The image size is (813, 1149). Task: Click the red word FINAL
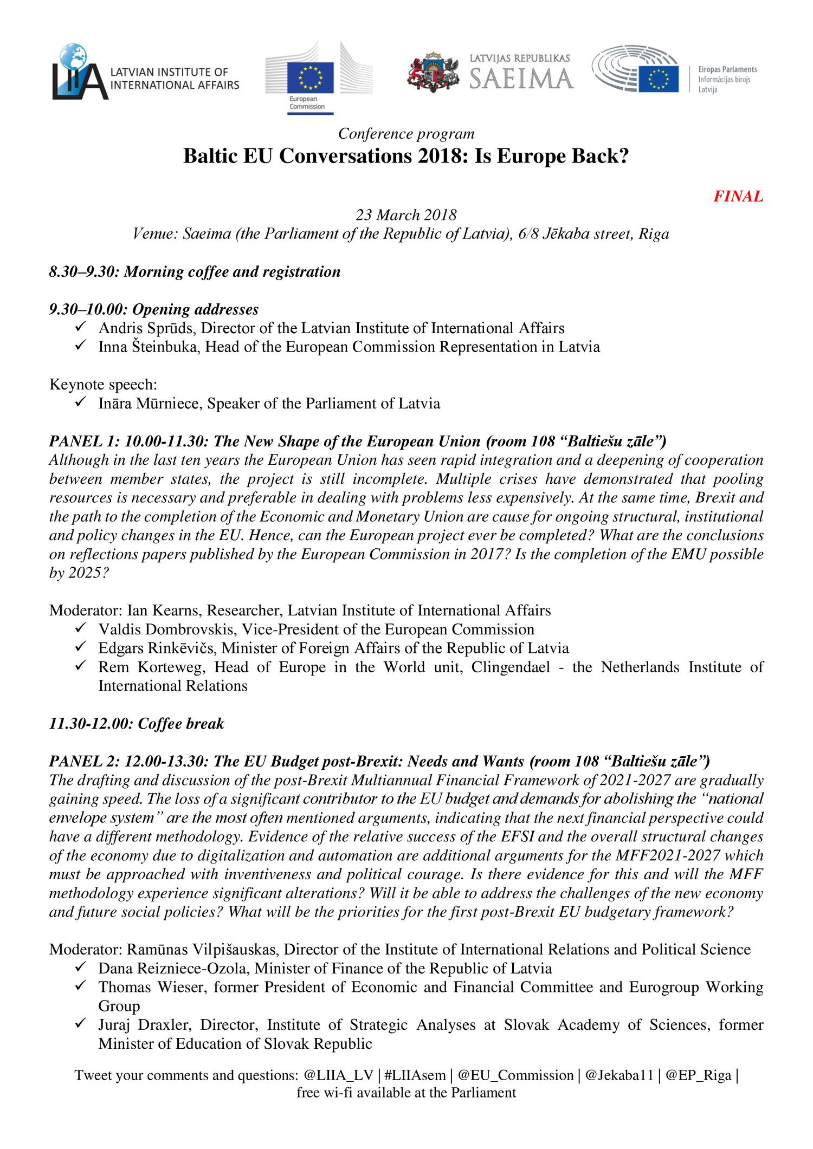point(738,197)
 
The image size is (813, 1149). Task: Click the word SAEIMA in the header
point(521,79)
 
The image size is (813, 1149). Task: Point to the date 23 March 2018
point(406,215)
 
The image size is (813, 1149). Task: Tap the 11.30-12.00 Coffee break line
point(137,724)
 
